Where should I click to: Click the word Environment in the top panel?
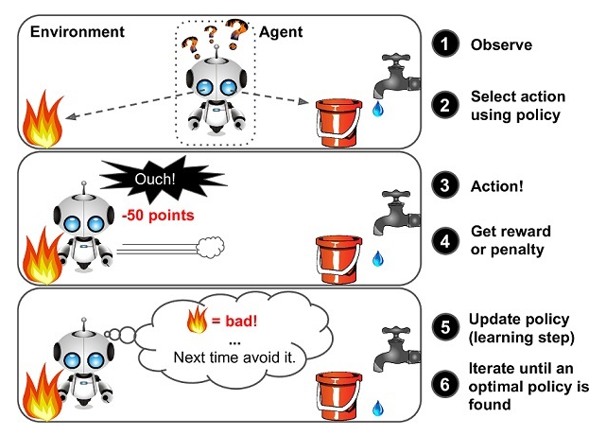click(x=78, y=32)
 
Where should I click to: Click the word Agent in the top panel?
click(x=280, y=32)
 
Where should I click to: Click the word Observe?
click(x=501, y=44)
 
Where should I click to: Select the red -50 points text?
click(x=158, y=216)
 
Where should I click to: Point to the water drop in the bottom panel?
click(x=378, y=409)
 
